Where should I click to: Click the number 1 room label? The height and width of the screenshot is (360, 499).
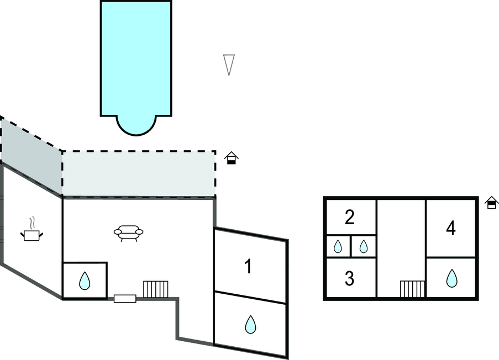(x=248, y=267)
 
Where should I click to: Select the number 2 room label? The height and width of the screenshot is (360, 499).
(x=349, y=218)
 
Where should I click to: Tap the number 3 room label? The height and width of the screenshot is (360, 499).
(x=349, y=279)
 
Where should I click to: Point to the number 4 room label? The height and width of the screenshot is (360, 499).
(x=451, y=228)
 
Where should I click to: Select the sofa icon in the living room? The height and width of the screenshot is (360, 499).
(x=128, y=232)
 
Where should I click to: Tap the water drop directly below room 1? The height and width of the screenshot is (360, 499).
(x=250, y=324)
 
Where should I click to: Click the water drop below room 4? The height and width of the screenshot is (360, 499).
(x=451, y=278)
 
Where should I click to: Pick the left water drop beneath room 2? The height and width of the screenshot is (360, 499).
(x=337, y=246)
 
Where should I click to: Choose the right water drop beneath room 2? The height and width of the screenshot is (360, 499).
(x=363, y=246)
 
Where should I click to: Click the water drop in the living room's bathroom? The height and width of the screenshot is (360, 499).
(x=84, y=281)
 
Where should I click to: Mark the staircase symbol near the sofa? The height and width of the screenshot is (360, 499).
(x=155, y=289)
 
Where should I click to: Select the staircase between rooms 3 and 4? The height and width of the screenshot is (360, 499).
(x=412, y=289)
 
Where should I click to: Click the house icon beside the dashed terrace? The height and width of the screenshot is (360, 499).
(x=232, y=158)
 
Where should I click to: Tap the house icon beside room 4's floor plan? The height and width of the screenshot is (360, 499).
(x=491, y=203)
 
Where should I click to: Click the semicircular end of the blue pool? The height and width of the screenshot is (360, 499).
(x=136, y=125)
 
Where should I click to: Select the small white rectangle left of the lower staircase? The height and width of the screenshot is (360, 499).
(x=125, y=299)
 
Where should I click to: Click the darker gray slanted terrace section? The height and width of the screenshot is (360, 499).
(x=31, y=155)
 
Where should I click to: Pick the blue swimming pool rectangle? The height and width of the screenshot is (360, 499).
(x=136, y=58)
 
